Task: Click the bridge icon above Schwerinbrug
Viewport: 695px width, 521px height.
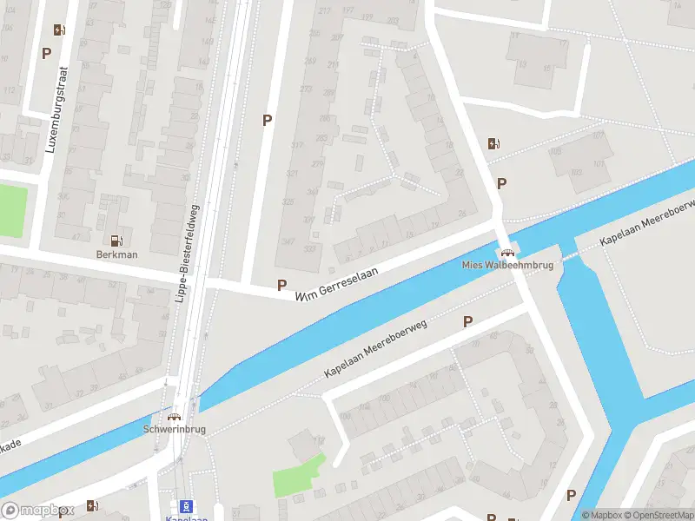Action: pos(174,416)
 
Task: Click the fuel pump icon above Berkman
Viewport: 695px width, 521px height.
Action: pos(116,241)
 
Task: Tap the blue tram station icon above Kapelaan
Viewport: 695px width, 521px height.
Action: pos(184,505)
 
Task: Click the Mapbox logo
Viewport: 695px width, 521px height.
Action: pos(36,510)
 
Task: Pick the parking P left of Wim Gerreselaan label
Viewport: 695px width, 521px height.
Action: pos(281,285)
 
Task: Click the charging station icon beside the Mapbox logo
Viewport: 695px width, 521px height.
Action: pos(92,506)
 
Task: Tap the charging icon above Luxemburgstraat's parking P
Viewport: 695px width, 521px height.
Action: pos(58,30)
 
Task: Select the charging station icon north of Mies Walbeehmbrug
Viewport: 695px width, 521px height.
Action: pos(493,144)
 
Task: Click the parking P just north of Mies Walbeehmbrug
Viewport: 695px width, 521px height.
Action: pos(501,183)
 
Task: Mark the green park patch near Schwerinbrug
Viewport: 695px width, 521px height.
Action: pos(299,476)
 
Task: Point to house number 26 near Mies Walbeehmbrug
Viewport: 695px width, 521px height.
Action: pos(463,214)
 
